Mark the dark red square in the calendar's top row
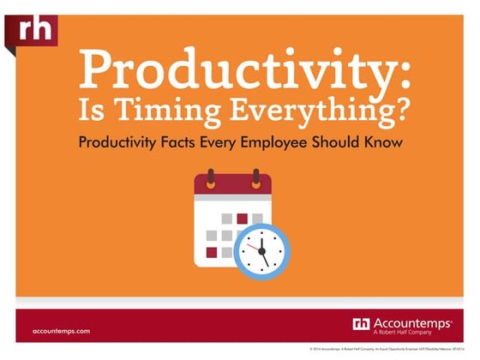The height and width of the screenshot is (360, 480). (242, 218)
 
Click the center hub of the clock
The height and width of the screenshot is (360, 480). (261, 251)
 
